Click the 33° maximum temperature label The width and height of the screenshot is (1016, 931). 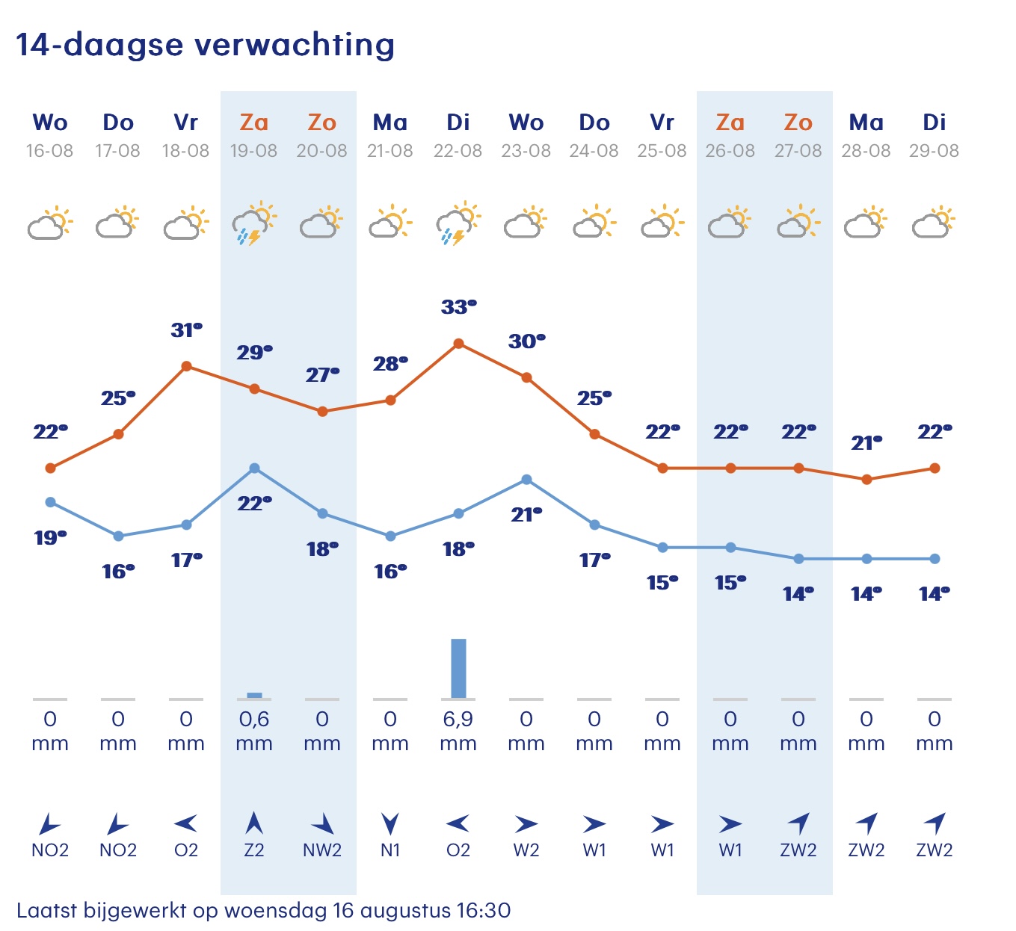(x=458, y=307)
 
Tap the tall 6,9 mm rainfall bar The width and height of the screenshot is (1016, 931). (x=458, y=668)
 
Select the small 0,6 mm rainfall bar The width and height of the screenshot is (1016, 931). (x=254, y=696)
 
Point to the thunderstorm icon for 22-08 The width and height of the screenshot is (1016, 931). (x=458, y=223)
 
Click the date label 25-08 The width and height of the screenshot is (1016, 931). (x=662, y=151)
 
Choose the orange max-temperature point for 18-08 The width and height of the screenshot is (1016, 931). (x=187, y=366)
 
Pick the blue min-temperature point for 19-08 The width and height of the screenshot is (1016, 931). (x=254, y=468)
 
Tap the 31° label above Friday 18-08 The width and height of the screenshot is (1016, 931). (x=187, y=330)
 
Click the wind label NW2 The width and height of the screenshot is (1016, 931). (x=322, y=850)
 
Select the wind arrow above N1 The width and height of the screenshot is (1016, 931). (x=390, y=823)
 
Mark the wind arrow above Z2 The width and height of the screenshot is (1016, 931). (x=254, y=823)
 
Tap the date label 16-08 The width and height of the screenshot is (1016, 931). (x=50, y=151)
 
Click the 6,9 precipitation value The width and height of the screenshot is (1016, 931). (x=458, y=719)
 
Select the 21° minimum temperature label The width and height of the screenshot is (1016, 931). (x=526, y=514)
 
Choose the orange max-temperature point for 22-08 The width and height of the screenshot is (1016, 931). (x=458, y=344)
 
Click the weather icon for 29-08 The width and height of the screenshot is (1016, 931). (x=934, y=223)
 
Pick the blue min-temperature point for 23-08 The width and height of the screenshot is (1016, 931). (x=526, y=480)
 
